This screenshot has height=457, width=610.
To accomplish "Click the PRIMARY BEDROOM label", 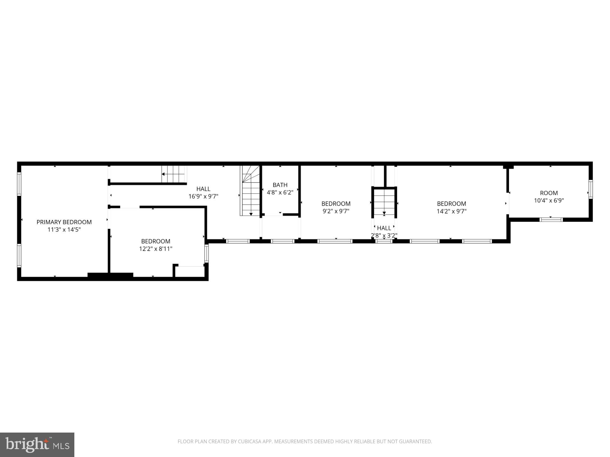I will click(x=64, y=222).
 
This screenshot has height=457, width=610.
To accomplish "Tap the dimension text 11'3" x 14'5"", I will click(x=64, y=230).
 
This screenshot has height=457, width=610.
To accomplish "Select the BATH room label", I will click(x=280, y=185).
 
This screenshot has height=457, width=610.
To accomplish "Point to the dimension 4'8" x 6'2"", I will click(x=280, y=192).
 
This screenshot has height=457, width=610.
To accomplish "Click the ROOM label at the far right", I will click(x=549, y=193).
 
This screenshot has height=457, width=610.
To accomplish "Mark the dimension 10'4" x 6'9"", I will click(x=549, y=201).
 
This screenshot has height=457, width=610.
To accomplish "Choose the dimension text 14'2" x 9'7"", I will click(x=451, y=211).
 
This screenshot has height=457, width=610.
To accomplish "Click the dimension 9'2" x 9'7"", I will click(x=336, y=211).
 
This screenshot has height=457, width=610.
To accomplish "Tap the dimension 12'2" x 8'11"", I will click(x=156, y=249).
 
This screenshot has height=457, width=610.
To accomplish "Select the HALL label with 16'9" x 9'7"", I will click(x=203, y=189).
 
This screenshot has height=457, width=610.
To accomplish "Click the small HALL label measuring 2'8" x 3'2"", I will click(x=384, y=228).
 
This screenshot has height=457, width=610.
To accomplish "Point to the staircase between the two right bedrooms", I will click(x=384, y=202).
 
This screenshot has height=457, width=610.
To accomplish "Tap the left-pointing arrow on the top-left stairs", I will click(x=163, y=174).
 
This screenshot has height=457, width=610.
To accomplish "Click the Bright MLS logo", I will click(x=37, y=445).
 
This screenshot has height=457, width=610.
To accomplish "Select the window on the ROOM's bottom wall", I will click(x=551, y=219).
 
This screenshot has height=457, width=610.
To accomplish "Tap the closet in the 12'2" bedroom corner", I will click(x=190, y=271).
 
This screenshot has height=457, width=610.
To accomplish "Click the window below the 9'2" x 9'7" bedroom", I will click(x=335, y=241).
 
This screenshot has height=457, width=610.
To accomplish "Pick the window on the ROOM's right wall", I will click(x=590, y=189).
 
